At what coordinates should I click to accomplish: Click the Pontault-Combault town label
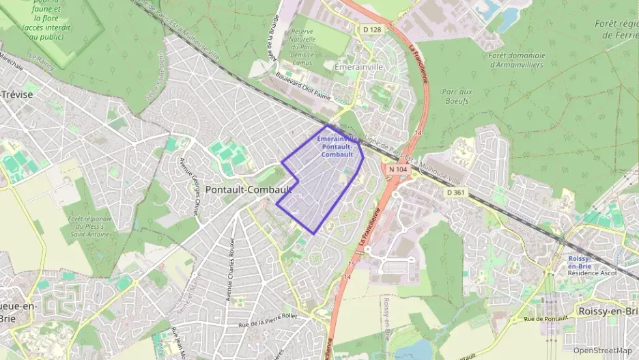248,189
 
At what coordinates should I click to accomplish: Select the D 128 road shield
372,29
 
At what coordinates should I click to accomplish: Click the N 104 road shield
397,168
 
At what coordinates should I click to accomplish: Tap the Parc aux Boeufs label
457,96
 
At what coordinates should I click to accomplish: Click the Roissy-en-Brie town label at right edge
606,311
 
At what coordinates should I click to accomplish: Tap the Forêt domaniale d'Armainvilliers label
518,59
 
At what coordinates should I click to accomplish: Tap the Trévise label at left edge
16,94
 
